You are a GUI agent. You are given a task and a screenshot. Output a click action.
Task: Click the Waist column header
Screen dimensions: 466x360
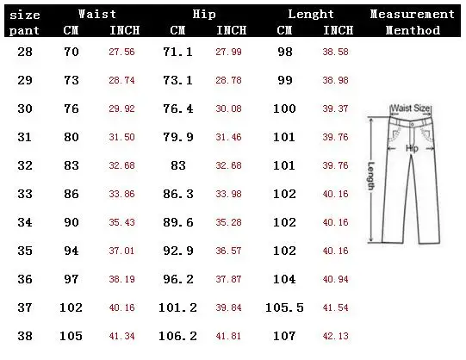pyautogui.click(x=97, y=14)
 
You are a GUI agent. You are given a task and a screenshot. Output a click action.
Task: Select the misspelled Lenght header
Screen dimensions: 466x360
pyautogui.click(x=311, y=15)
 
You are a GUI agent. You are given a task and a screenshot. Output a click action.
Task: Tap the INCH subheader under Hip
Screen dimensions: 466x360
pyautogui.click(x=231, y=30)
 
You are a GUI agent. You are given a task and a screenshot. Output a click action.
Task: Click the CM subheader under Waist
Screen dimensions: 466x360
pyautogui.click(x=71, y=30)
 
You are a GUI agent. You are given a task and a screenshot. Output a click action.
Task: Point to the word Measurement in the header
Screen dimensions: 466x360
pyautogui.click(x=413, y=14)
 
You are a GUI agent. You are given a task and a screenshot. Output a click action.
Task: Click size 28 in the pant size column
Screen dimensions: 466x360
pyautogui.click(x=25, y=52)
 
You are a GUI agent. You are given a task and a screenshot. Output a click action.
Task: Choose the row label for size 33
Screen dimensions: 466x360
pyautogui.click(x=25, y=194)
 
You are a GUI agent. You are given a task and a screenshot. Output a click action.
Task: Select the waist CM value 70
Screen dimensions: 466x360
pyautogui.click(x=71, y=52)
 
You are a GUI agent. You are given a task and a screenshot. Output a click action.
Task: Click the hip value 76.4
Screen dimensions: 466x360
pyautogui.click(x=178, y=109)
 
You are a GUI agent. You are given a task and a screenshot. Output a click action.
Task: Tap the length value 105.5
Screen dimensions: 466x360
pyautogui.click(x=284, y=307)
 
